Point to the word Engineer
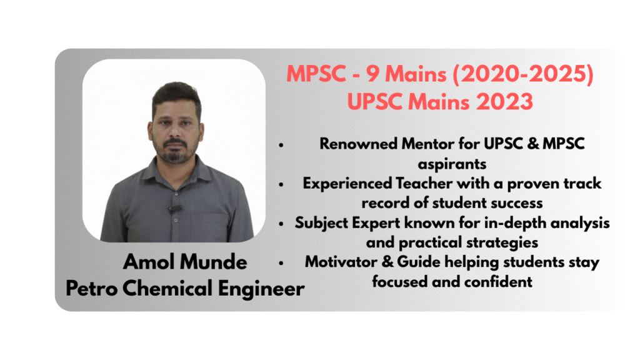point(261,289)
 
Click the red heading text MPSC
point(316,74)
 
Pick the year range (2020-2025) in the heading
point(523,74)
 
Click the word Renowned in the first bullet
point(358,144)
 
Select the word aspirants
point(452,164)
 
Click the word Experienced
point(347,184)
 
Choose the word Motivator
point(341,262)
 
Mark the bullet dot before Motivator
point(281,264)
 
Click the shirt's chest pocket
point(208,226)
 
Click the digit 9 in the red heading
point(372,74)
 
